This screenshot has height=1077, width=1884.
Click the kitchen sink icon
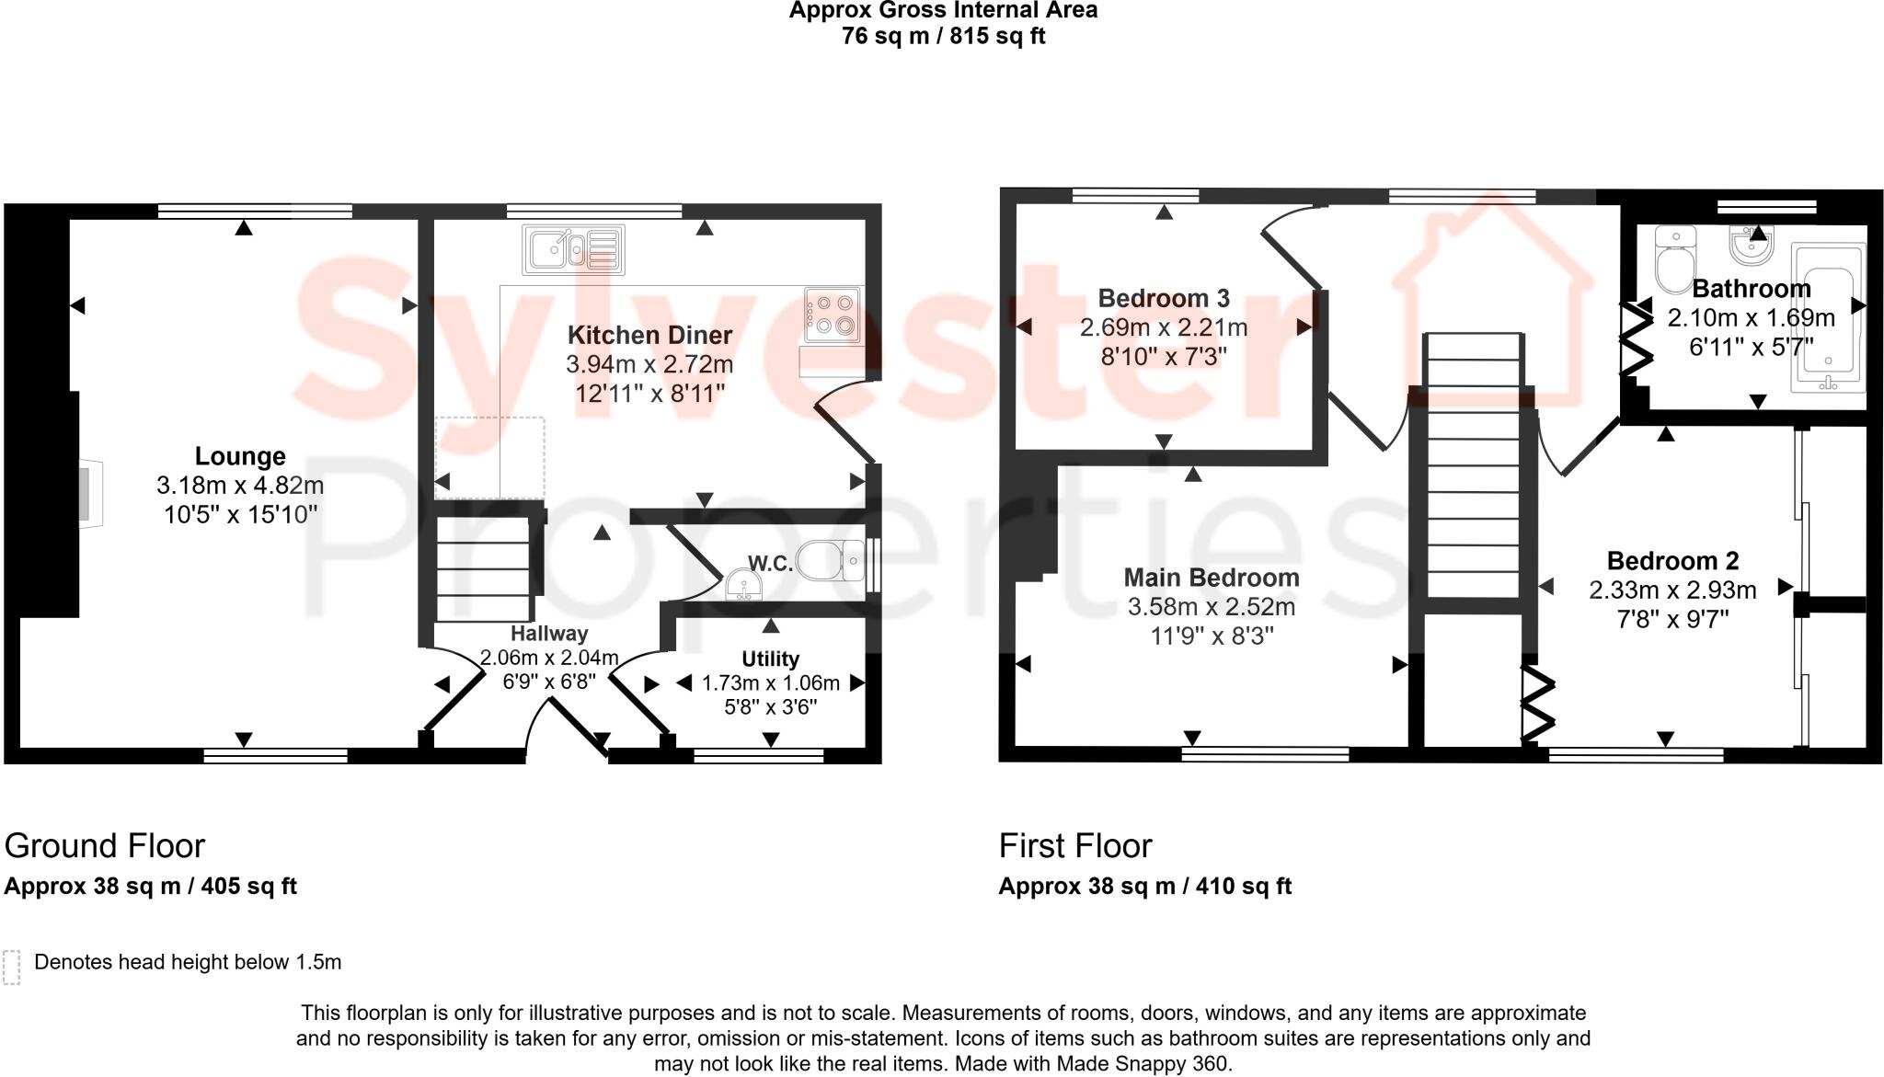coord(572,249)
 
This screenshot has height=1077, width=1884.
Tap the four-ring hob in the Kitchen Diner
coord(833,312)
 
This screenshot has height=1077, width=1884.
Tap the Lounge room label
coord(240,456)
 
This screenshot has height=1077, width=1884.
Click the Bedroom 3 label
coord(1163,298)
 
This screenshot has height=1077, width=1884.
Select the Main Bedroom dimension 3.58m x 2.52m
coord(1211,607)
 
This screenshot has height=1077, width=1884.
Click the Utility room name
coord(770,659)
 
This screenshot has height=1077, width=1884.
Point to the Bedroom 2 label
coord(1672,560)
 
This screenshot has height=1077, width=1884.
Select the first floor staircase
coord(1473,478)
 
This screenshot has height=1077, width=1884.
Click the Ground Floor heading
coord(105,845)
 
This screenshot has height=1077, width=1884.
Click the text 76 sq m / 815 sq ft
coord(943,37)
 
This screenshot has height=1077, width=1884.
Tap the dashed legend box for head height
coord(12,967)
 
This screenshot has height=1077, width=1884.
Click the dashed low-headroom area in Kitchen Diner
coord(489,457)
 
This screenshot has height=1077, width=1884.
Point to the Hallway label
coord(549,634)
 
